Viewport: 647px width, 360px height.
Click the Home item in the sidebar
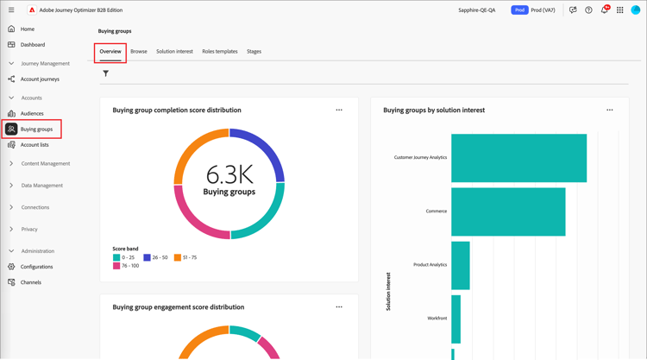27,28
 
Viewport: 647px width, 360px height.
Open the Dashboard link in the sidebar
32,45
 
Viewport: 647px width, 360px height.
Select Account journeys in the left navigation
40,79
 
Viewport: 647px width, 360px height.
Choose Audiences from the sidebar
32,113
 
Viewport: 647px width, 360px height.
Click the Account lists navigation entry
35,145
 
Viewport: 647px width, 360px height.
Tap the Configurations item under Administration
36,267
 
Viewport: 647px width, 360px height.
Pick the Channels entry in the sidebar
30,282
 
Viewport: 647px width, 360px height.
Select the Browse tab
139,52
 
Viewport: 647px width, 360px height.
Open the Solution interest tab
174,52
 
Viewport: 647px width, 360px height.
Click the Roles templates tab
220,52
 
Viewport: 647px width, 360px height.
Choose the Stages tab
254,52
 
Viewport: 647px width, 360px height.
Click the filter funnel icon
106,73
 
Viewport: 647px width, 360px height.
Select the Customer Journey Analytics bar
518,158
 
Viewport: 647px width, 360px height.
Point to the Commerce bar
508,212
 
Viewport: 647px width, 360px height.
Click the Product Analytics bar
461,265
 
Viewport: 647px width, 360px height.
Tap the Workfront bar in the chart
456,319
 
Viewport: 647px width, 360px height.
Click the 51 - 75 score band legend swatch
178,257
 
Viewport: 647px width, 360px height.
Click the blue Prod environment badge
519,10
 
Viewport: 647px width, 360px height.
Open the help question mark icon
588,10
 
